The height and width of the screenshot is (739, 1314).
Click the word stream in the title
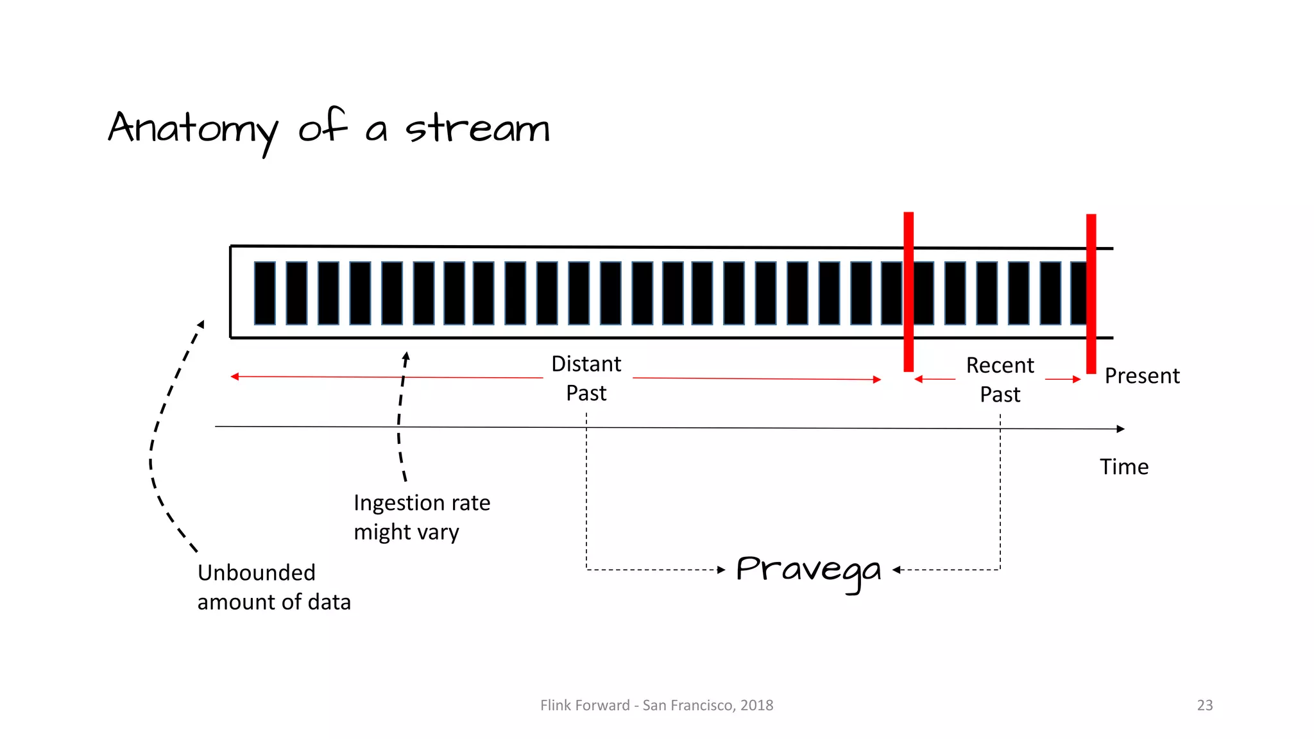pyautogui.click(x=477, y=128)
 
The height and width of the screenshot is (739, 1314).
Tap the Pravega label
pyautogui.click(x=808, y=570)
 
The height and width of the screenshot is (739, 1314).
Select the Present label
pyautogui.click(x=1142, y=376)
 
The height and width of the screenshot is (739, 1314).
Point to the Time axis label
pyautogui.click(x=1124, y=467)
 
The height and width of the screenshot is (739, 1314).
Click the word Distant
pyautogui.click(x=586, y=364)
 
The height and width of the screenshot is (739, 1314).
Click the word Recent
pyautogui.click(x=1000, y=366)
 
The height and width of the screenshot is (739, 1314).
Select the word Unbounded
pyautogui.click(x=257, y=573)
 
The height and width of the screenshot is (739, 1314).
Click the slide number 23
pyautogui.click(x=1205, y=706)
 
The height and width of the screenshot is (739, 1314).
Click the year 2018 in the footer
pyautogui.click(x=757, y=706)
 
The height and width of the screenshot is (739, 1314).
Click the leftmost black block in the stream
pyautogui.click(x=265, y=293)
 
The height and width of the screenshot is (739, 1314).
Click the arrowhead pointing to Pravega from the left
pyautogui.click(x=721, y=570)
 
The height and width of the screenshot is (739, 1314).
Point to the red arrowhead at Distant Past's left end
pyautogui.click(x=235, y=377)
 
